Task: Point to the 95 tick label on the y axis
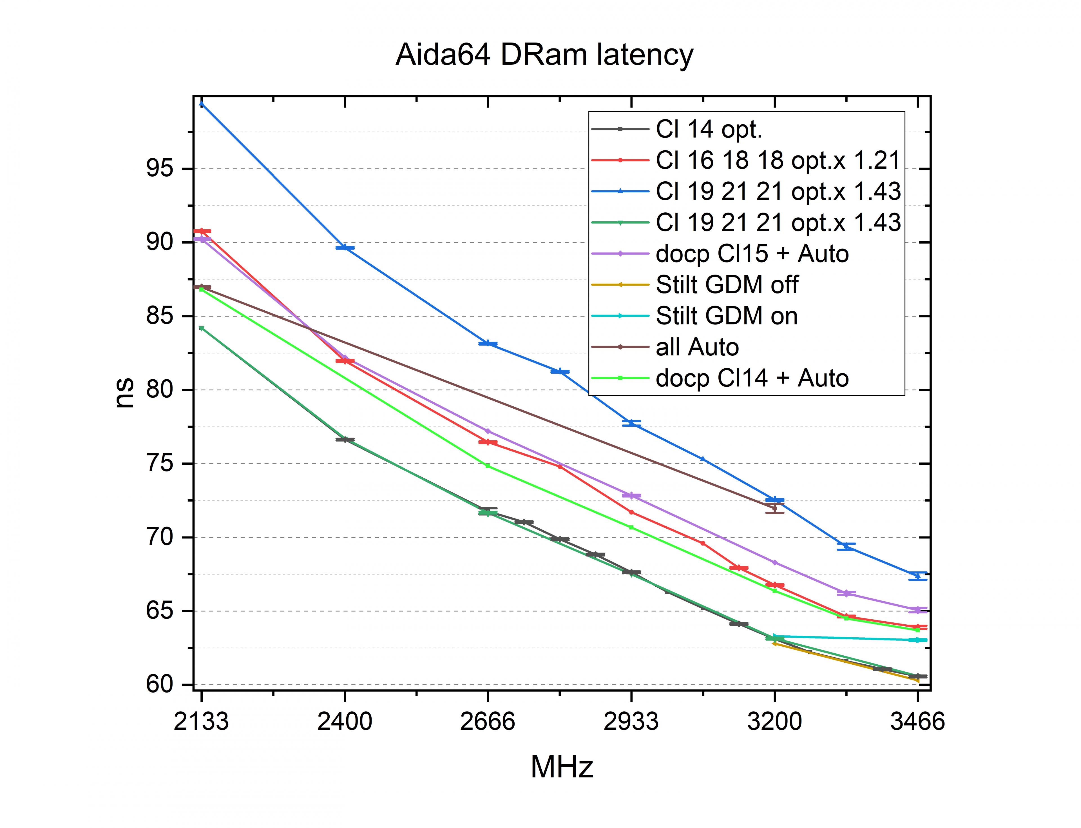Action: point(160,168)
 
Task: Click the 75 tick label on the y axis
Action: point(160,463)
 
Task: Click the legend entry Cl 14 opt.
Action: point(709,129)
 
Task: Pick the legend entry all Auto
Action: point(697,347)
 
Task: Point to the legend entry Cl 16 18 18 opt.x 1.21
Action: point(778,160)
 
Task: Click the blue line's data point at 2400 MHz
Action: point(345,247)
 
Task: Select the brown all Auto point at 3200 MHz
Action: point(774,508)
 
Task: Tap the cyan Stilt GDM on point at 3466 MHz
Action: point(917,640)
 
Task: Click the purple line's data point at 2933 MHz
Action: point(631,495)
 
